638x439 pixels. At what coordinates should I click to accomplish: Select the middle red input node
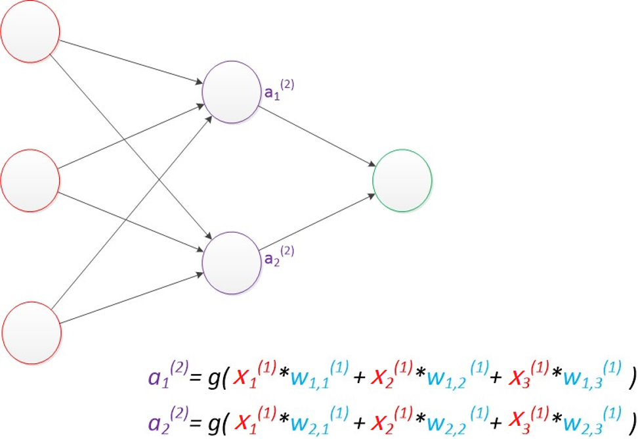pyautogui.click(x=30, y=180)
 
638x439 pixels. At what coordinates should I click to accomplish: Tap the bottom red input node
pyautogui.click(x=32, y=332)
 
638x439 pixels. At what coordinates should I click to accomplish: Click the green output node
pyautogui.click(x=402, y=180)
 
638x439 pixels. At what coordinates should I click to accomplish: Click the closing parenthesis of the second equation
pyautogui.click(x=631, y=421)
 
